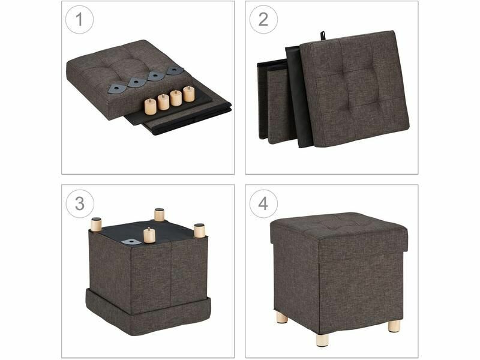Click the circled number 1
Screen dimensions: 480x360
coord(79,19)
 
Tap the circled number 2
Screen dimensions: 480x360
coord(263,19)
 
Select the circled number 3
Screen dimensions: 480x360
coord(80,203)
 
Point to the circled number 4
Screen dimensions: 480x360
coord(263,203)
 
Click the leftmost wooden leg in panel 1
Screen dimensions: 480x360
coord(151,106)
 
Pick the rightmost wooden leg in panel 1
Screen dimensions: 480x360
coord(188,94)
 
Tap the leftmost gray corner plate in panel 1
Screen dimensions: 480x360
coord(116,89)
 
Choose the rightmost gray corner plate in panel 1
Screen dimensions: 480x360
coord(175,71)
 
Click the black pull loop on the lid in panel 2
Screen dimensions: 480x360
coord(322,35)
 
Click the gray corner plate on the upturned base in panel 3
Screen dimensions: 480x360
coord(131,242)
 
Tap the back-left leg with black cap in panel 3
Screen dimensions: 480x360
coord(96,224)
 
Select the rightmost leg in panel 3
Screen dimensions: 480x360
coord(200,231)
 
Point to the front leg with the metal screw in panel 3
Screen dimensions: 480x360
coord(149,235)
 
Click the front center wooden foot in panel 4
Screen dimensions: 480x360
coord(323,340)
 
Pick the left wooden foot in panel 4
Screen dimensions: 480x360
coord(282,318)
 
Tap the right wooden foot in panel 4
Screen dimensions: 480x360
coord(394,326)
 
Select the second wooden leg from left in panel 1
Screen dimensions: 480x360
coord(163,102)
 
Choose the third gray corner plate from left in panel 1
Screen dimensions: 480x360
coord(156,76)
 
